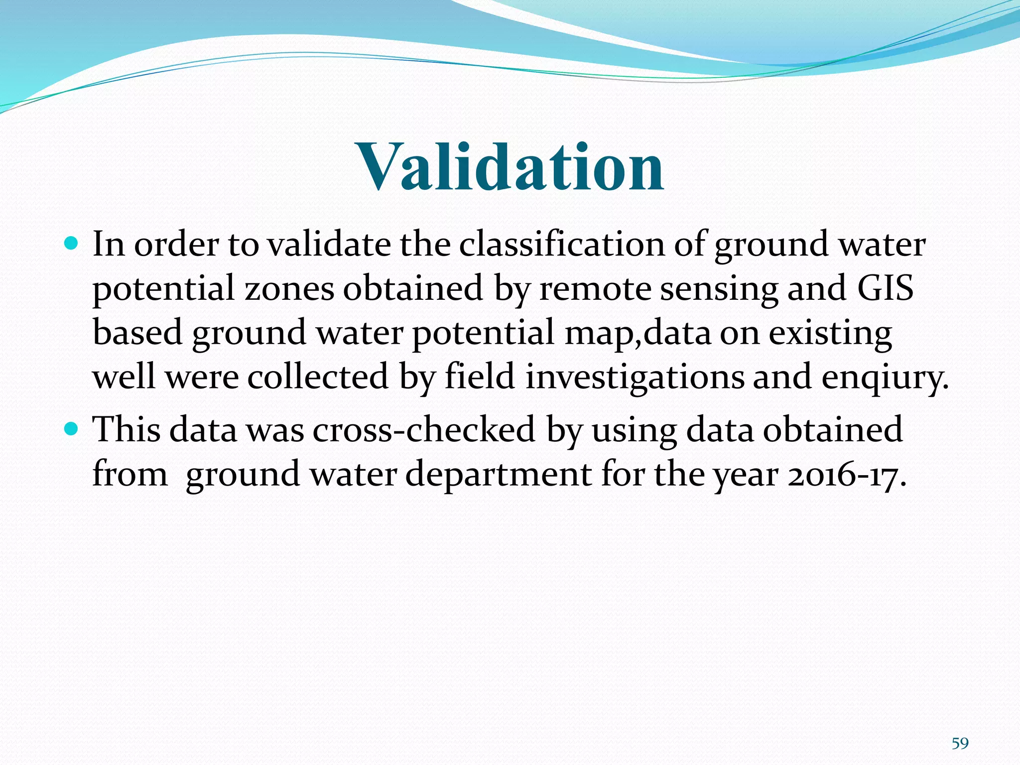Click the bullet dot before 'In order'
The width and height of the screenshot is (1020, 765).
coord(72,244)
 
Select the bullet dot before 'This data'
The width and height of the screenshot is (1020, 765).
coord(72,428)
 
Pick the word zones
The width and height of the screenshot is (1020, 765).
coord(289,289)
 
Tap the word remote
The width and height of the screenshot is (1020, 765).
coord(596,289)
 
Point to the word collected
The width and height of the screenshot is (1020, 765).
coord(318,377)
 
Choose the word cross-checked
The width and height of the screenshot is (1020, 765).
coord(424,429)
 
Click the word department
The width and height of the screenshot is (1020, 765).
coord(498,475)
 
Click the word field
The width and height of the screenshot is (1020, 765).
coord(480,377)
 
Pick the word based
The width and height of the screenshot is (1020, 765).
coord(137,333)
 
